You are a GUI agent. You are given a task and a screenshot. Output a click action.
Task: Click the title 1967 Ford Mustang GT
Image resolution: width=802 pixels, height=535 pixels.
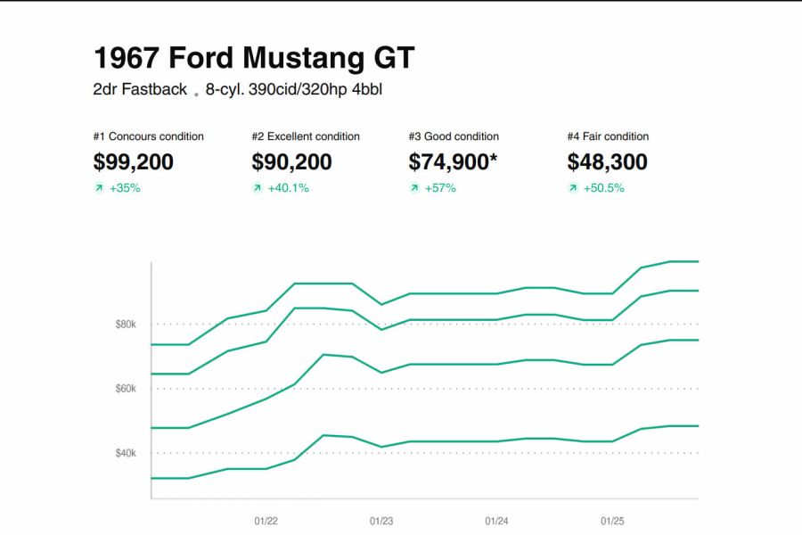click(x=254, y=58)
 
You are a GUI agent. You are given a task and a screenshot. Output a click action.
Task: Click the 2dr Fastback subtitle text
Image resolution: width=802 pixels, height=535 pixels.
click(x=140, y=89)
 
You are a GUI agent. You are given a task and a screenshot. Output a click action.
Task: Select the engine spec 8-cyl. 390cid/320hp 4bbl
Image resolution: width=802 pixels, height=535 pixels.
click(x=294, y=89)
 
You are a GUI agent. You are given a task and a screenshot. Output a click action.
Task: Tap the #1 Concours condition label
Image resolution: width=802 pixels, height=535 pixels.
click(x=148, y=136)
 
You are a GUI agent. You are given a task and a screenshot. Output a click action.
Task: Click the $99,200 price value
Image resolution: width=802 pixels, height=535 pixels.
click(x=133, y=161)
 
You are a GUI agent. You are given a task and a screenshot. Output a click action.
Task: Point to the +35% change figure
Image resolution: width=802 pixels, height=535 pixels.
click(x=125, y=188)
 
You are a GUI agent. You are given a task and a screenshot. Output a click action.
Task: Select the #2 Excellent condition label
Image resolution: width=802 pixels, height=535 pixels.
click(x=306, y=136)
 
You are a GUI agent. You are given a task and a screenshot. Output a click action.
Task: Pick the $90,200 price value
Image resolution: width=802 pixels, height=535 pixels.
click(x=291, y=161)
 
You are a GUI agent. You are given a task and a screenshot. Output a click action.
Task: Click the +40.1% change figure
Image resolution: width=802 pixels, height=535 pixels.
click(x=288, y=188)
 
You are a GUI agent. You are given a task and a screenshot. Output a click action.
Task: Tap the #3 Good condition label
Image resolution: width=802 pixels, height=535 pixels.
click(x=454, y=136)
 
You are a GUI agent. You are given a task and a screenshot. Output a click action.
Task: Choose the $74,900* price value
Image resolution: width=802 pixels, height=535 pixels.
click(x=453, y=161)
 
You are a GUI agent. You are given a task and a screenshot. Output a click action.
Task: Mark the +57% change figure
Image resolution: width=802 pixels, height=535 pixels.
click(x=440, y=188)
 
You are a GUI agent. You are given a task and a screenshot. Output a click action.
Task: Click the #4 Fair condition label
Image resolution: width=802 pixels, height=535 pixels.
click(x=608, y=136)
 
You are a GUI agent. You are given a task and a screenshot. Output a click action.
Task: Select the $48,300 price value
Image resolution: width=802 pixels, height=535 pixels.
click(x=607, y=161)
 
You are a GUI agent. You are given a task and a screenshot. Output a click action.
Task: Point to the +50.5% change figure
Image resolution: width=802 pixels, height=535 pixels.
click(x=603, y=188)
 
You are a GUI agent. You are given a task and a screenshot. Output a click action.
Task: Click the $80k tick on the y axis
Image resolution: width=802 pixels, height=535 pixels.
click(x=126, y=325)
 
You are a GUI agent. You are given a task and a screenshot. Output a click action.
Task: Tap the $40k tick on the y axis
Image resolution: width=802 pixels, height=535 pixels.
click(x=126, y=453)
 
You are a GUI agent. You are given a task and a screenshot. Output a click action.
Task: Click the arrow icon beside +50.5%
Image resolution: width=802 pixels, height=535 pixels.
click(x=573, y=188)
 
